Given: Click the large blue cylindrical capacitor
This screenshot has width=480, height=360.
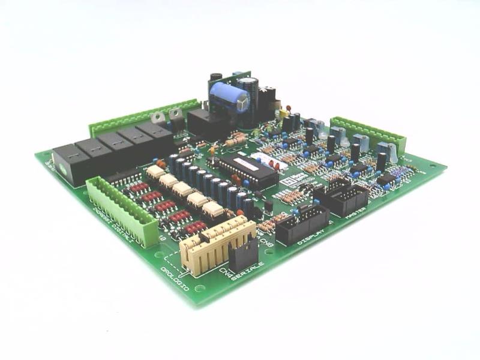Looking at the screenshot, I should [x=231, y=95].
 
